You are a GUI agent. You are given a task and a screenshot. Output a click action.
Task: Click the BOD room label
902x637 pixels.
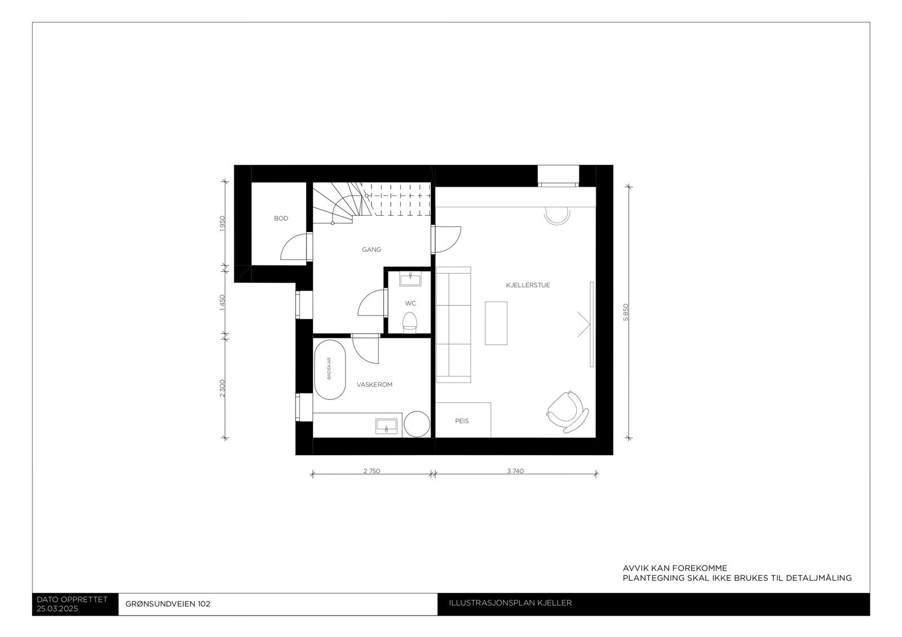[x=281, y=219]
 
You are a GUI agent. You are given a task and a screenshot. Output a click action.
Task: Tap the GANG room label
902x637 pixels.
[x=372, y=250]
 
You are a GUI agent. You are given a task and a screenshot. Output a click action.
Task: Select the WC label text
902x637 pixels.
[x=410, y=304]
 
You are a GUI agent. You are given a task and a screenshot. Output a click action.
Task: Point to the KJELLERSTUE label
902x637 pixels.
[x=528, y=286]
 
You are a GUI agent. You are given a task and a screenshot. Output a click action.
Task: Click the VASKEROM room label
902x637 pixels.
[x=374, y=385]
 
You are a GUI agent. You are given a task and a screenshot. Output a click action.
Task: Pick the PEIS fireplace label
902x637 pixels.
[x=462, y=421]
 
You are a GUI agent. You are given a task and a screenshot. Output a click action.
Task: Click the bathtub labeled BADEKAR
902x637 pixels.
[x=329, y=369]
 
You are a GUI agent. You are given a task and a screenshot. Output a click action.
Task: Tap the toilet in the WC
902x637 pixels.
[x=410, y=323]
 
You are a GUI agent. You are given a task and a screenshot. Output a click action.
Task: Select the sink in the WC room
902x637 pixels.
[x=410, y=279]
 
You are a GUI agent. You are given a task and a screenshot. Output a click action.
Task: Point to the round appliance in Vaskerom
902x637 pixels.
[x=417, y=424]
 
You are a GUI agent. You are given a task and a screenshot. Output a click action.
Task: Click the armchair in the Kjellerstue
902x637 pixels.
[x=567, y=412]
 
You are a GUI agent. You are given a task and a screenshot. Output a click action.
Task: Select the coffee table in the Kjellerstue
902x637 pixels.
[x=496, y=323]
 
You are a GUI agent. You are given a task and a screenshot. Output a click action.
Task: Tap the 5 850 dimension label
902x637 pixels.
[x=625, y=312]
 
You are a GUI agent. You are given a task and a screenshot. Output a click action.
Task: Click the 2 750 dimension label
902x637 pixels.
[x=372, y=471]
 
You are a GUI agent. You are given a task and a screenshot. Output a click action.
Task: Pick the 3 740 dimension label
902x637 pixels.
[x=515, y=471]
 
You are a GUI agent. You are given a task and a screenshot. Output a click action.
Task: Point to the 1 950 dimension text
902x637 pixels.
[x=222, y=224]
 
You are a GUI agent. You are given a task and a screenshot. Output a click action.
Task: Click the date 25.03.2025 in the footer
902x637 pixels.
[x=58, y=609]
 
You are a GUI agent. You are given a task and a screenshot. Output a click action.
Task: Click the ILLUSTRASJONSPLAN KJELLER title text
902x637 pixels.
[x=510, y=603]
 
